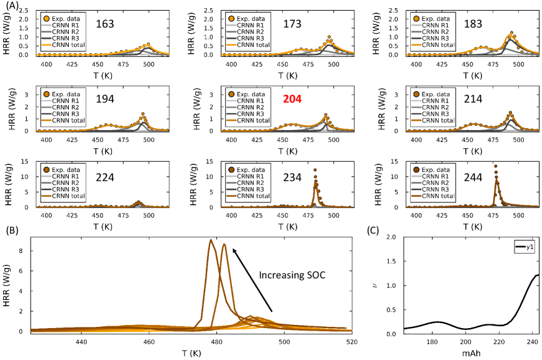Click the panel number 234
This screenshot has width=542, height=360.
click(x=293, y=176)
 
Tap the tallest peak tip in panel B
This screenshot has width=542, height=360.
click(x=211, y=240)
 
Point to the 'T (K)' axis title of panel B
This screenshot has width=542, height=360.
click(x=191, y=354)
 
